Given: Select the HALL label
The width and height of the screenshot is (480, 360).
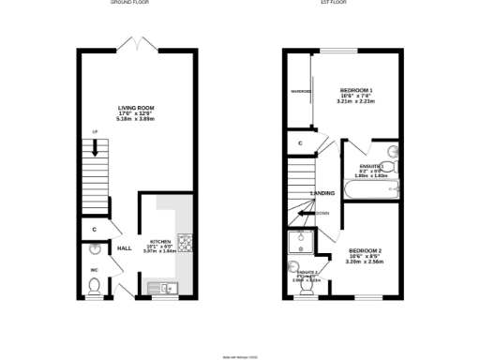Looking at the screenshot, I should (x=123, y=248).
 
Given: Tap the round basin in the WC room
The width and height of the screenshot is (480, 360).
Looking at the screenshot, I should (x=95, y=250).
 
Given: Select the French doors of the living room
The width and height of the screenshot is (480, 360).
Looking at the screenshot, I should (x=137, y=43).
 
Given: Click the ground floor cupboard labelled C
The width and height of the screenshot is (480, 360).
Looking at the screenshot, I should (x=95, y=228).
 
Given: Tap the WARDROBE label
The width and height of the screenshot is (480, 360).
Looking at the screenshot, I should (x=300, y=92).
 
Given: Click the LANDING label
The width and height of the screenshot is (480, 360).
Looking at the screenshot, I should (x=323, y=194).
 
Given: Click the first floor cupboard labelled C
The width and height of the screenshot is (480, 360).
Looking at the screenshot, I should (x=299, y=143).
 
